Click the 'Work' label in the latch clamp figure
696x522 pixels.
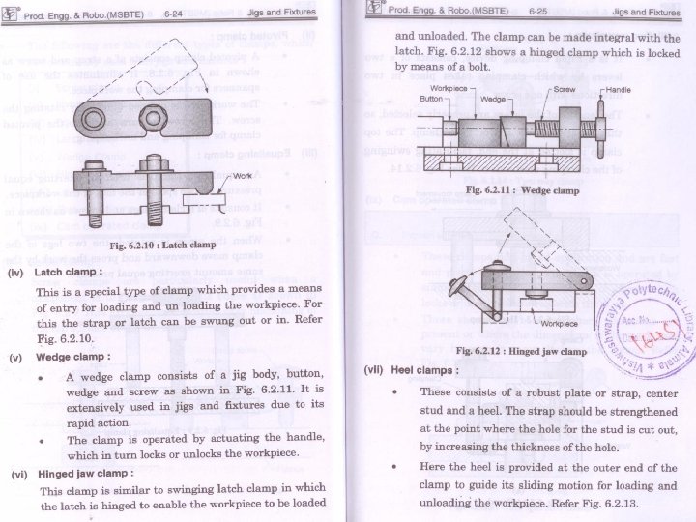click(x=243, y=177)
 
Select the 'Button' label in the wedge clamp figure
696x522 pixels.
click(x=431, y=99)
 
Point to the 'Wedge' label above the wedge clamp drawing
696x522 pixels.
click(x=492, y=100)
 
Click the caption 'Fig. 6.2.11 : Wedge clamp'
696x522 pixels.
click(x=522, y=190)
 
